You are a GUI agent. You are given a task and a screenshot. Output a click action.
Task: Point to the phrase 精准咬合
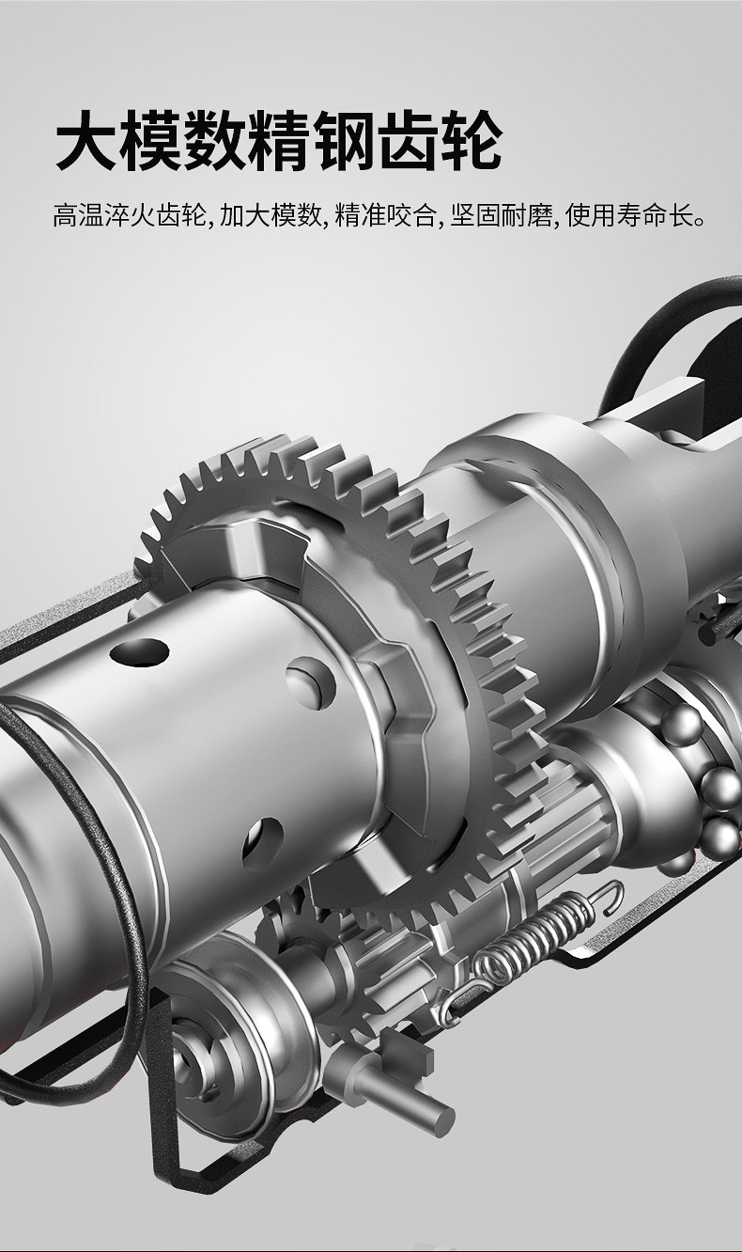[385, 215]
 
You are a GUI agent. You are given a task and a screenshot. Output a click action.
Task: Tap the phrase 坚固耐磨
[501, 215]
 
